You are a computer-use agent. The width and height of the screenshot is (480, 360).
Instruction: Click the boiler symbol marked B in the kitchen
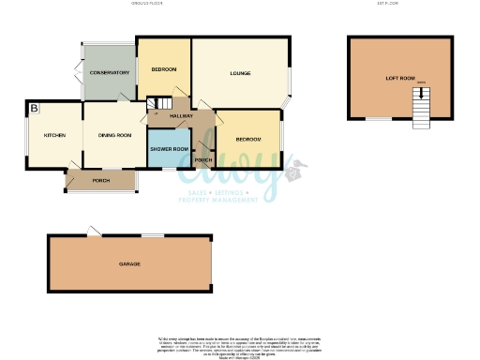(x=34, y=110)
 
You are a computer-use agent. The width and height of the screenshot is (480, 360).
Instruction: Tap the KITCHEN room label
(x=54, y=136)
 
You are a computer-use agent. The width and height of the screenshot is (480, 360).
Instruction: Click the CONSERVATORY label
(x=109, y=73)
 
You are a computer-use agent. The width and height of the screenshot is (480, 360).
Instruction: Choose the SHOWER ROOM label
(x=170, y=149)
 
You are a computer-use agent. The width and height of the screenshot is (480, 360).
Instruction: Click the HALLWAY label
(x=181, y=116)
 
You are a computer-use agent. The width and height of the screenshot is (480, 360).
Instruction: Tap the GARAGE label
(x=129, y=264)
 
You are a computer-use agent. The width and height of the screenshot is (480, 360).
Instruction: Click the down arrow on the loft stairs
(x=421, y=92)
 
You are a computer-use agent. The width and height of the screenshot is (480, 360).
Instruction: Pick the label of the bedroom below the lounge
(x=247, y=139)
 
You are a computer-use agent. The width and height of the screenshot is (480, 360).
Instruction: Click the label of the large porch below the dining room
(x=101, y=180)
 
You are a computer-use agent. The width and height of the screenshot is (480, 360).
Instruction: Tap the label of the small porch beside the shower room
(x=202, y=160)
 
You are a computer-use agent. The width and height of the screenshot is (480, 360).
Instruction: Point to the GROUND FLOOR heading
(x=148, y=5)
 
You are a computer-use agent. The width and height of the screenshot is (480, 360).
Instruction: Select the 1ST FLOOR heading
(x=387, y=5)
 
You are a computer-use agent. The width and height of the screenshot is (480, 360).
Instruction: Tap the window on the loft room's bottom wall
(x=378, y=119)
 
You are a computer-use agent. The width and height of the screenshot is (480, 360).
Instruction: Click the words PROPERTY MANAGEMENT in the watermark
(x=220, y=200)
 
